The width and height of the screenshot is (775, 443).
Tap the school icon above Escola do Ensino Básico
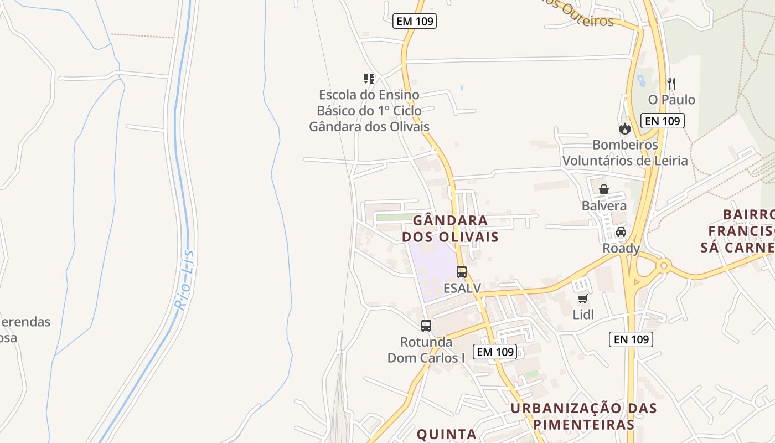(x=369, y=79)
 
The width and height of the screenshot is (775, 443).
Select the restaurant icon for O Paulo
(x=671, y=84)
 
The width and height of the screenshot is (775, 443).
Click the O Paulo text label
(x=671, y=100)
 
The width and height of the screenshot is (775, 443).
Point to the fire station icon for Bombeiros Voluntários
(x=625, y=129)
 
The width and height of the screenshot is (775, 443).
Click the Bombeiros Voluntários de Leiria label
(x=625, y=153)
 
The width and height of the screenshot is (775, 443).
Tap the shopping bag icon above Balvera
(x=604, y=189)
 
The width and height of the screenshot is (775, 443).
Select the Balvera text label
(x=604, y=206)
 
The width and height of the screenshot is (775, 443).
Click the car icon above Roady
(x=621, y=232)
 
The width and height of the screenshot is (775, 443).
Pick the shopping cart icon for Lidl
(x=582, y=299)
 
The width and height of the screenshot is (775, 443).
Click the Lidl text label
(x=583, y=315)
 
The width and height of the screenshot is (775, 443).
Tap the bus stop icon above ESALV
(x=462, y=272)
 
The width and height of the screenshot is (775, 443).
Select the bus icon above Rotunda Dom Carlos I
(x=426, y=326)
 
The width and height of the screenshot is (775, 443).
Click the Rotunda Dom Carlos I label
(x=426, y=350)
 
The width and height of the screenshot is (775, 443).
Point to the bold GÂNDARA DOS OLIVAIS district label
(x=450, y=229)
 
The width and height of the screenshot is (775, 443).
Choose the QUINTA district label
(x=446, y=435)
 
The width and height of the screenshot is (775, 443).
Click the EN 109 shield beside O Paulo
(x=663, y=121)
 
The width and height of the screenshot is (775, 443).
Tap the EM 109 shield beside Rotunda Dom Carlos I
(x=495, y=351)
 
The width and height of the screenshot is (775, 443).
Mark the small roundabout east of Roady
(x=664, y=266)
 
